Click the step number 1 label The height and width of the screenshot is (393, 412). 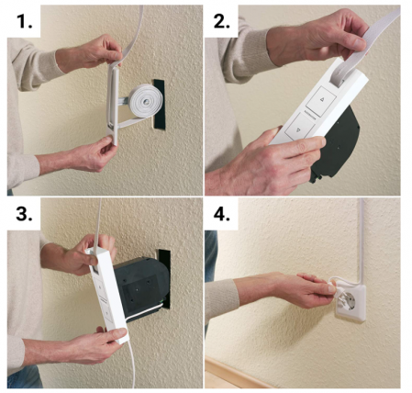click(x=24, y=21)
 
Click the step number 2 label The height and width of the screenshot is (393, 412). click(x=222, y=21)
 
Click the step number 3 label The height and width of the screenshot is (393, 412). click(x=24, y=214)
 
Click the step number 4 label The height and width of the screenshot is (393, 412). click(x=222, y=214)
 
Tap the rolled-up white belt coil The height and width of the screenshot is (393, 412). click(x=145, y=100)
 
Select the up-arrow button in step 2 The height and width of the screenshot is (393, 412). click(x=321, y=100)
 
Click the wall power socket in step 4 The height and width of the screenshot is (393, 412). click(x=351, y=302)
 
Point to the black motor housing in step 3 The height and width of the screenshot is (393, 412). click(x=141, y=285)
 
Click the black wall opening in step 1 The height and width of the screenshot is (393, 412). click(x=159, y=105)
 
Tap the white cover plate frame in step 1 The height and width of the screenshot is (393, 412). click(x=112, y=104)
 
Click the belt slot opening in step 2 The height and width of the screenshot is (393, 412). click(x=337, y=79)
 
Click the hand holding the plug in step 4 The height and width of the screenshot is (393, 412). click(x=294, y=289)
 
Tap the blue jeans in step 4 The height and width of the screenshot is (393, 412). click(x=211, y=255)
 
